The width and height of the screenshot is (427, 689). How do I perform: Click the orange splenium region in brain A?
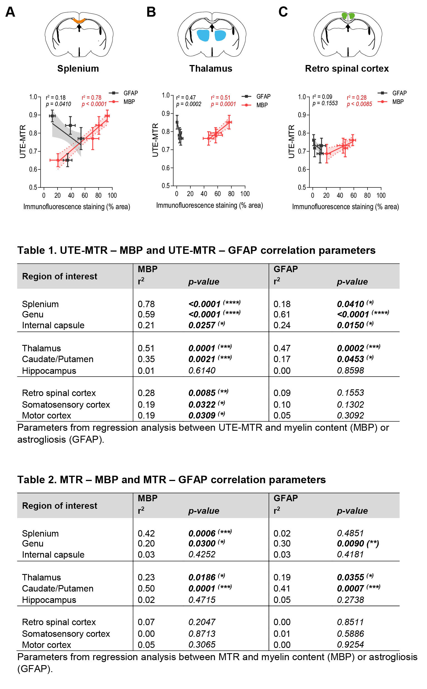(x=79, y=21)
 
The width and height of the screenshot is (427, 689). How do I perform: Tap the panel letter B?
(x=151, y=12)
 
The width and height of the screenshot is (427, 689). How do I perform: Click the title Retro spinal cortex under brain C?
(x=346, y=69)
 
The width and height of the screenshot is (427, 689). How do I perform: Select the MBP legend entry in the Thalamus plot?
(x=262, y=105)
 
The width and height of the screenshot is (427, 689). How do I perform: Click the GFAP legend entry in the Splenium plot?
(x=130, y=93)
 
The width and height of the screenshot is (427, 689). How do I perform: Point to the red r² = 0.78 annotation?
(x=91, y=97)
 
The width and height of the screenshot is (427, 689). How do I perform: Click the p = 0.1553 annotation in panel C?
(x=325, y=103)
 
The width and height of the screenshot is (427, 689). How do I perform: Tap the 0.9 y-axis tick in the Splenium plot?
(x=33, y=115)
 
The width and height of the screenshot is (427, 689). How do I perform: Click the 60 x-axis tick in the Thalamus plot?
(x=217, y=194)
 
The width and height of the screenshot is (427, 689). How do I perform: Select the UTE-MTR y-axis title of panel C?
(x=291, y=141)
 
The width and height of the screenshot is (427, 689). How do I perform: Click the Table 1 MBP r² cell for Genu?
(x=146, y=314)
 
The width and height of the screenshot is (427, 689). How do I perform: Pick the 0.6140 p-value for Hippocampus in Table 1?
(x=202, y=370)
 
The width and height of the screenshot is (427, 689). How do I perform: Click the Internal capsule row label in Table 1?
(x=53, y=325)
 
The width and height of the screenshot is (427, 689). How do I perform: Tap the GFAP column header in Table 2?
(x=286, y=498)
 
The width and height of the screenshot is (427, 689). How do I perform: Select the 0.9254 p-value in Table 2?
(x=350, y=645)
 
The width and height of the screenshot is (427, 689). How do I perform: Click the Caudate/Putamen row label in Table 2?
(x=58, y=588)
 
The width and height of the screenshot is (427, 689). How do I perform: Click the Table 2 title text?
(x=172, y=479)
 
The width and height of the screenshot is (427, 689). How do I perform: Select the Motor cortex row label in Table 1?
(x=47, y=415)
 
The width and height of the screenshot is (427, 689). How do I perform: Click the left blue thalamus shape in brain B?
(x=203, y=36)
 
